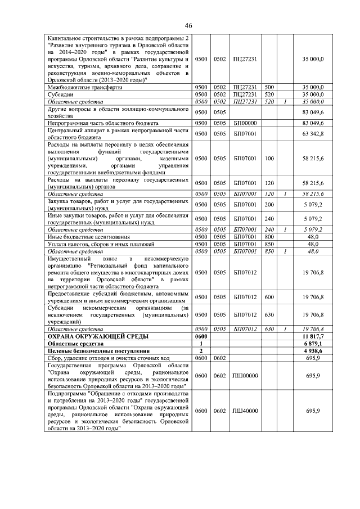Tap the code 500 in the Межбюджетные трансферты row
[x=269, y=87]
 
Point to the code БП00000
[x=245, y=122]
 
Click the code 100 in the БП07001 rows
[x=269, y=160]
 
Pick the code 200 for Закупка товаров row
[x=269, y=204]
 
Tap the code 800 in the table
[x=269, y=237]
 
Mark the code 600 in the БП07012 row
[x=269, y=296]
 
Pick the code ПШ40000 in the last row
[x=245, y=412]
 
